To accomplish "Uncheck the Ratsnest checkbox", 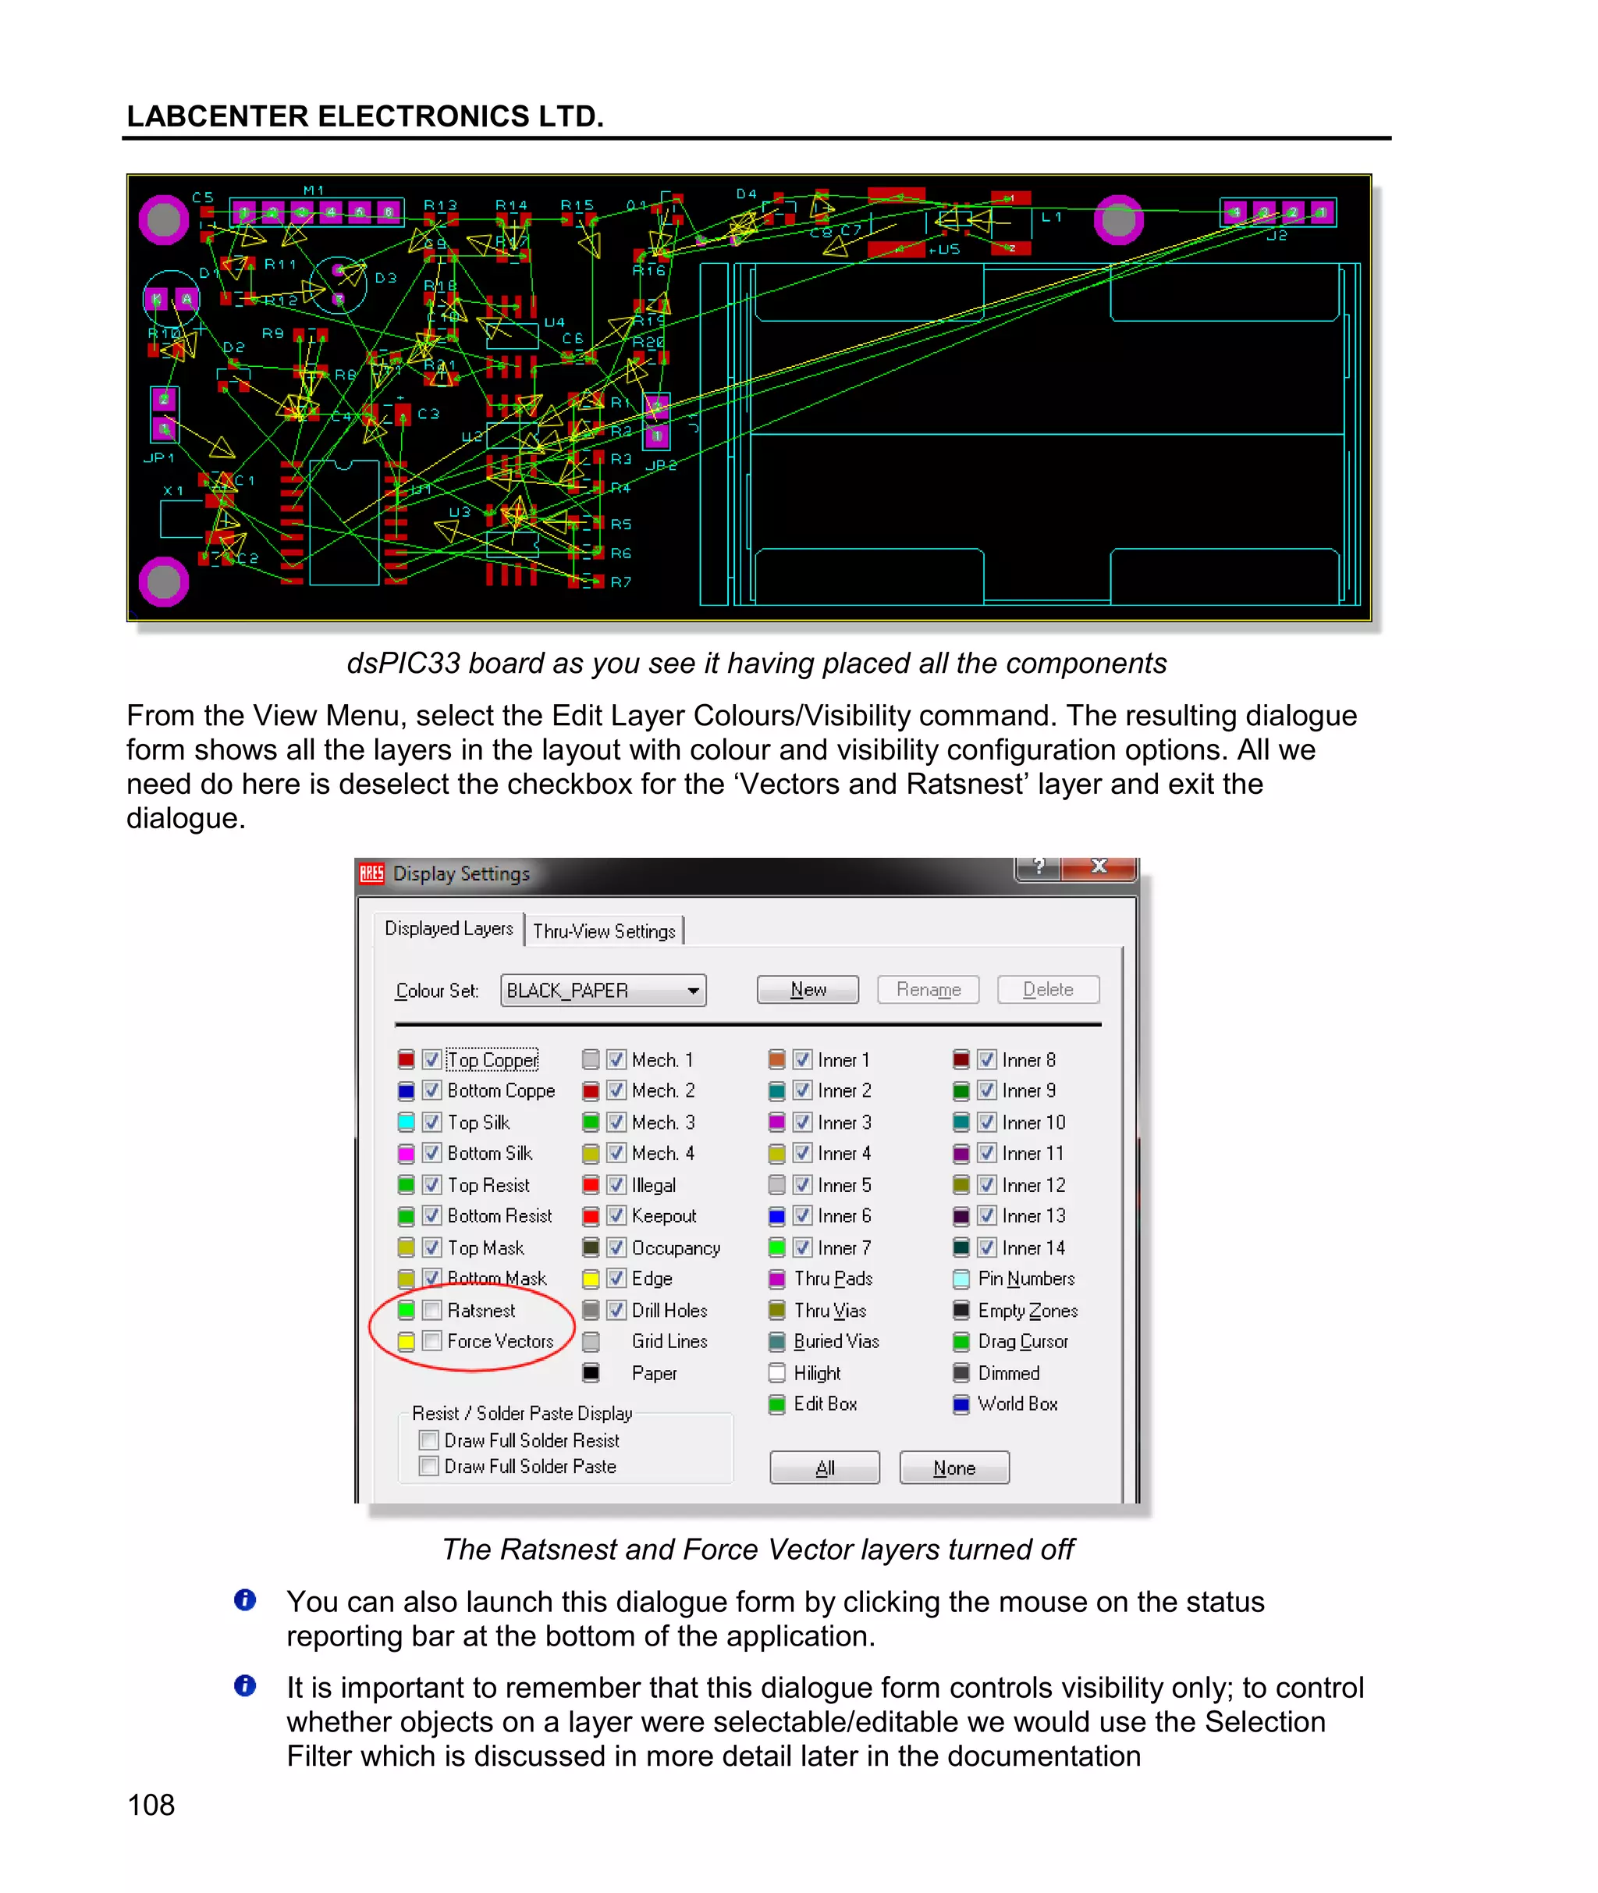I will pyautogui.click(x=432, y=1311).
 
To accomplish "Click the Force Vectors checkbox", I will pyautogui.click(x=432, y=1341).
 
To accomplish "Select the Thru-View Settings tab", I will pyautogui.click(x=603, y=930).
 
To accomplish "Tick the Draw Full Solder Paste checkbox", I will pyautogui.click(x=428, y=1466).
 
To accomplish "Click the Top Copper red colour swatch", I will pyautogui.click(x=406, y=1059).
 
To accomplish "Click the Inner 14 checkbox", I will pyautogui.click(x=986, y=1247).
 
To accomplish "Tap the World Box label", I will pyautogui.click(x=1017, y=1404).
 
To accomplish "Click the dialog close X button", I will pyautogui.click(x=1099, y=866).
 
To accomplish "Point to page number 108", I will pyautogui.click(x=151, y=1804).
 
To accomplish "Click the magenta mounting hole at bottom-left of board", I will pyautogui.click(x=164, y=581).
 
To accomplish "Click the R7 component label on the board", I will pyautogui.click(x=620, y=582).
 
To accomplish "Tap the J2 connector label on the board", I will pyautogui.click(x=1277, y=236).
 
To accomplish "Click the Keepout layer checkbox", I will pyautogui.click(x=616, y=1216).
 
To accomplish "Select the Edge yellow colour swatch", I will pyautogui.click(x=591, y=1279).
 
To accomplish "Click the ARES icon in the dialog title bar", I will pyautogui.click(x=371, y=874).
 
